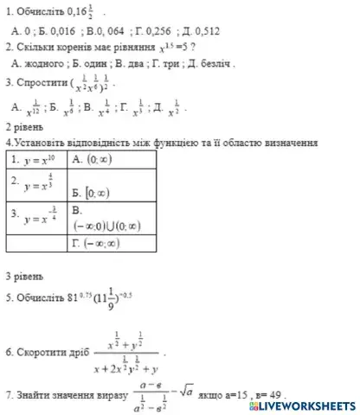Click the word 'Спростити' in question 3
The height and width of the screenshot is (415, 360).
coord(41,84)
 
